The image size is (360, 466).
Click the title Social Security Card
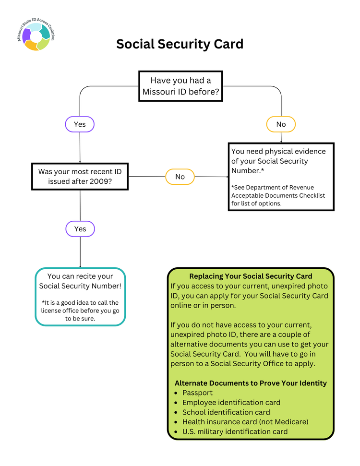[180, 44]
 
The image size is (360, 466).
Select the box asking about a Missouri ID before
[180, 86]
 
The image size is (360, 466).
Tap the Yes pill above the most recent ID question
[80, 124]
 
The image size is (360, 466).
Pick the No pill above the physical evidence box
[281, 124]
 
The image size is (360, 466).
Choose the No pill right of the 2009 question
[180, 177]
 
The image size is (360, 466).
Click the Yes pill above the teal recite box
[80, 229]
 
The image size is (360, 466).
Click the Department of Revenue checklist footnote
[278, 195]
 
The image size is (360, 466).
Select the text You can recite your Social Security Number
[80, 281]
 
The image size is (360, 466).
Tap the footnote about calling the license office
[80, 311]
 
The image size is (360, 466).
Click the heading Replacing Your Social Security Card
[251, 276]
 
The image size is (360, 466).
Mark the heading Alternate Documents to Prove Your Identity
[251, 383]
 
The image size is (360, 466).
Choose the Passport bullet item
[197, 393]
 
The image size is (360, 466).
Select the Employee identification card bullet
[231, 402]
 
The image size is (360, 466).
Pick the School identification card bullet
[226, 412]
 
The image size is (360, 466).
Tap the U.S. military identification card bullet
[235, 431]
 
